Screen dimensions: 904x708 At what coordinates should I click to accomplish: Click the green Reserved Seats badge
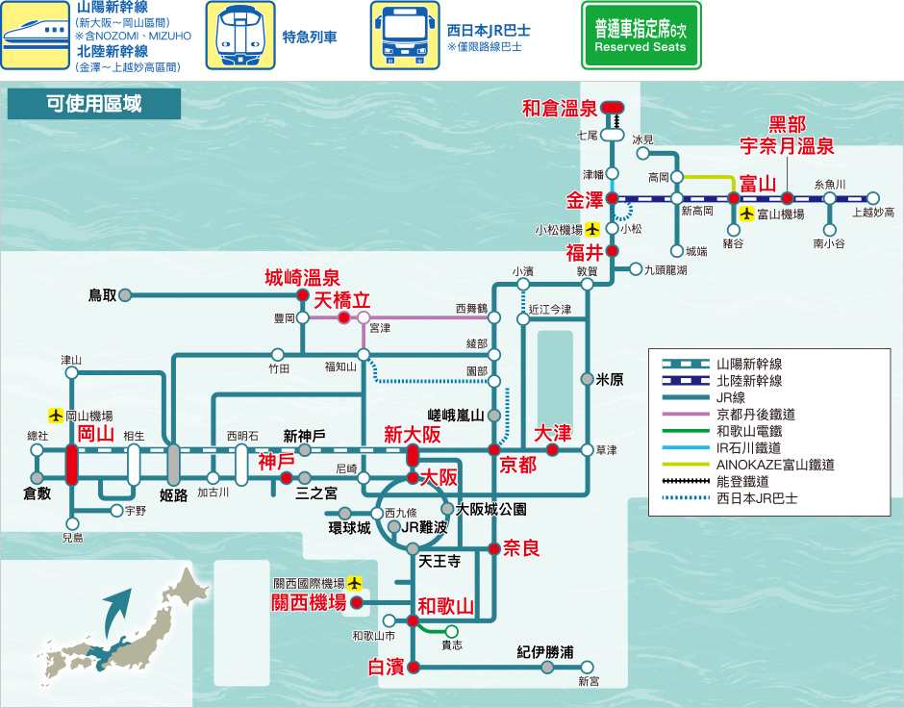tap(641, 36)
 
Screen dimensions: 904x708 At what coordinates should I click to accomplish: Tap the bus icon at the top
tap(405, 36)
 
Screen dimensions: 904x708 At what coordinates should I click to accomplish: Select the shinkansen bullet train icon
tap(36, 36)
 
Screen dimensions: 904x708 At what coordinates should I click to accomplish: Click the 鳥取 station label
tap(103, 295)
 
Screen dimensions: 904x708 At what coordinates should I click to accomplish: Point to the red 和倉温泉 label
tap(560, 109)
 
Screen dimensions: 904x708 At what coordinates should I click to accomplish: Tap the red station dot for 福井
tap(613, 251)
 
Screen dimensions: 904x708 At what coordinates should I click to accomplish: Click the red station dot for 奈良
tap(494, 548)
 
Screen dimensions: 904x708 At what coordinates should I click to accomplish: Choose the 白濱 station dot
tap(413, 667)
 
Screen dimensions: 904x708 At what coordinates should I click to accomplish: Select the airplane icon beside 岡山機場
tap(56, 416)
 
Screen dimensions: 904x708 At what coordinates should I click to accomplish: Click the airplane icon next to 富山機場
tap(747, 214)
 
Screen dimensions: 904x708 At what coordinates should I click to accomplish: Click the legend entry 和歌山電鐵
tap(749, 431)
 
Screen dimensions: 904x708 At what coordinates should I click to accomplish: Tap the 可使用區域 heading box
tap(94, 104)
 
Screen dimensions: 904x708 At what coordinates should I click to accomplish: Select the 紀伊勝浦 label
tap(545, 652)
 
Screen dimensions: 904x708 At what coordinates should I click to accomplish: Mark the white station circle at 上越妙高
tap(873, 198)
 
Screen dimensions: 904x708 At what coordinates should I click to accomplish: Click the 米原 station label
tap(610, 379)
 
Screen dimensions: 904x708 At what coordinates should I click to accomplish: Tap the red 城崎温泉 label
tap(302, 278)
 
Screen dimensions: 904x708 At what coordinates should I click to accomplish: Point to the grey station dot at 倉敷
tap(37, 478)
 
